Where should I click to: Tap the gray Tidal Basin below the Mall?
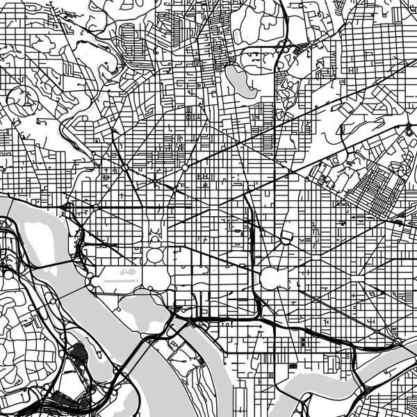pyautogui.click(x=142, y=311)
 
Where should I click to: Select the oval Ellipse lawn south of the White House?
pyautogui.click(x=154, y=255)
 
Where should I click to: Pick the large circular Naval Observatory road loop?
pyautogui.click(x=20, y=101)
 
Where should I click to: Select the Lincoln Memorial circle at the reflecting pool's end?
pyautogui.click(x=90, y=279)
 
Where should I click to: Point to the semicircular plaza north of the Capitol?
pyautogui.click(x=285, y=238)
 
